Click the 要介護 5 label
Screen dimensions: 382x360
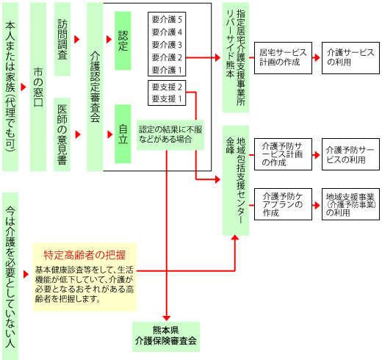pos(167,19)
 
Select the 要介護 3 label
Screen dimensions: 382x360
pos(167,45)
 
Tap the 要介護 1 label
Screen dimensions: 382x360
pos(167,70)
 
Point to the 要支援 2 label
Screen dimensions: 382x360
pos(167,87)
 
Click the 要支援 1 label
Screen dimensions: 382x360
pos(167,99)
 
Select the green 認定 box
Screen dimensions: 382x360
pos(123,40)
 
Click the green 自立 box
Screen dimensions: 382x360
pos(123,134)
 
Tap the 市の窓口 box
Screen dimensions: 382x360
pos(38,87)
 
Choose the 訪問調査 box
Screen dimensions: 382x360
pos(62,39)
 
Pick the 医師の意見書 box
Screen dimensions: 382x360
pos(62,134)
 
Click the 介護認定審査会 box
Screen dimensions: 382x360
pos(95,87)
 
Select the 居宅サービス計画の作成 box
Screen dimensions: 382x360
pos(283,58)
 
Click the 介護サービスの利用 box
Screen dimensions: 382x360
pos(350,58)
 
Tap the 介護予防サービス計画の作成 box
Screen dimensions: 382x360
pos(283,154)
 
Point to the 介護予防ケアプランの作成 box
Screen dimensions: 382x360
pos(283,204)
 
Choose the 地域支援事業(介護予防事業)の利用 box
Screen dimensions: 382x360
pos(350,204)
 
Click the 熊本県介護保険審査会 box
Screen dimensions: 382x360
pos(166,336)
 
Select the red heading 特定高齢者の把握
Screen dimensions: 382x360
pos(84,255)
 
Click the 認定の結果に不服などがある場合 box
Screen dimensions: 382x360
pos(170,134)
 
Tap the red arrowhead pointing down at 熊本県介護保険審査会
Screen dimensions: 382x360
pos(167,318)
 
